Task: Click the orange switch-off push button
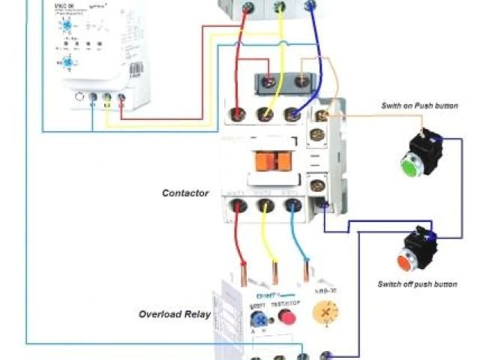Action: click(406, 262)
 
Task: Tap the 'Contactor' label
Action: click(185, 193)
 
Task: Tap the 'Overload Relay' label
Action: click(175, 314)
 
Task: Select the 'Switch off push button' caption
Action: click(418, 284)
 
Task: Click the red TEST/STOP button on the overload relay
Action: click(286, 318)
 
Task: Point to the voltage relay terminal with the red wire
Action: click(121, 97)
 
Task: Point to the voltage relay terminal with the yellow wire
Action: click(106, 97)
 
